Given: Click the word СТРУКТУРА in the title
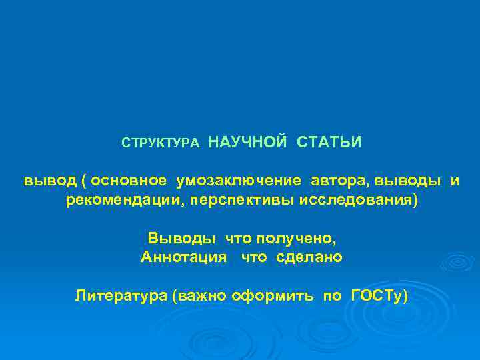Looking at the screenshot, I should coord(159,143).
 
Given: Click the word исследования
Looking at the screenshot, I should coord(347,201).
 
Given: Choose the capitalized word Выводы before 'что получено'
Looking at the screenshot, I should coord(181,238).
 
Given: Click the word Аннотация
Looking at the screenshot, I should coord(184,257).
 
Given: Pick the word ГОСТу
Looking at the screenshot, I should coord(379,295).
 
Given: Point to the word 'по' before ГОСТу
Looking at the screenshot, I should coord(332,295).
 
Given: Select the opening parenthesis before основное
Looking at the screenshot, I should coord(84,181).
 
